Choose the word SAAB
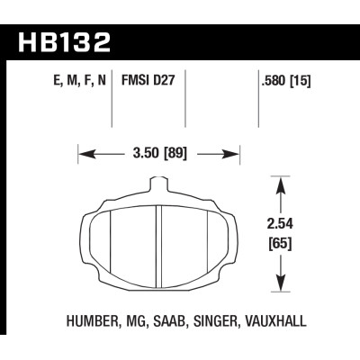pyautogui.click(x=168, y=319)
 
